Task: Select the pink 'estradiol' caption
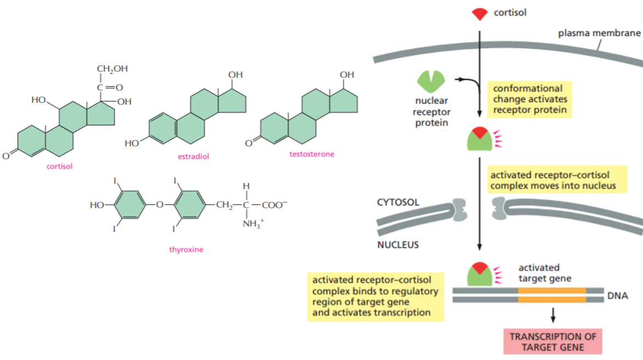click(193, 156)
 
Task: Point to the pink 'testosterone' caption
click(311, 154)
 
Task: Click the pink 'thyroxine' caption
click(186, 250)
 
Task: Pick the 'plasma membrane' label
click(599, 33)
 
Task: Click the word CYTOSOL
click(398, 203)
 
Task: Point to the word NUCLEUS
click(398, 245)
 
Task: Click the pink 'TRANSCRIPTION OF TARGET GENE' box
click(553, 341)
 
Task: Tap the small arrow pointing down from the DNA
click(553, 314)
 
